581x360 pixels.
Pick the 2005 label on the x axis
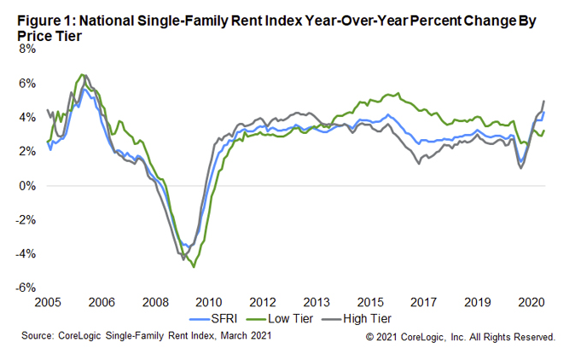(48, 302)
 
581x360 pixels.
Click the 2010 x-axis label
(209, 302)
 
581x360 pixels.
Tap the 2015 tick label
(370, 302)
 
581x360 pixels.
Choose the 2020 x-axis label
(532, 302)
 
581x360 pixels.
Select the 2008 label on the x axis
(155, 302)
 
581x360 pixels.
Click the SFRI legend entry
(226, 318)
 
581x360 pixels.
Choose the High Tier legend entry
(368, 318)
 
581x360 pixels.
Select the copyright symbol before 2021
(369, 337)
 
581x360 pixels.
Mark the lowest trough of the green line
(194, 267)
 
